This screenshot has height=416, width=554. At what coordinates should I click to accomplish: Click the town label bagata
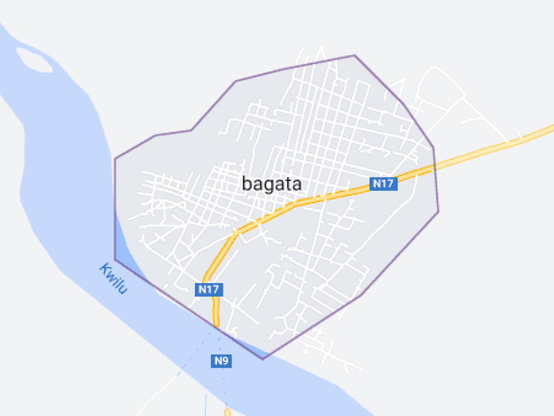[x=272, y=184]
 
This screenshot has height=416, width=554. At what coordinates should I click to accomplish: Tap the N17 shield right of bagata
[x=384, y=184]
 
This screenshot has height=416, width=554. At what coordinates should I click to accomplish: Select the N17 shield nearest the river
[x=208, y=289]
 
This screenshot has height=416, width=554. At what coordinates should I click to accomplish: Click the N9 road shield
[x=221, y=361]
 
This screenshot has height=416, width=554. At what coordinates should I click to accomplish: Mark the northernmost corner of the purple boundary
[x=354, y=55]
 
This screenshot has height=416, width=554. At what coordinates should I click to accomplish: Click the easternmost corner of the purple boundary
[x=438, y=211]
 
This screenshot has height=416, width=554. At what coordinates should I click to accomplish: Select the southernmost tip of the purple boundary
[x=263, y=359]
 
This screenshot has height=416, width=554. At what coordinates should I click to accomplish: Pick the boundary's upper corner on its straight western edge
[x=115, y=159]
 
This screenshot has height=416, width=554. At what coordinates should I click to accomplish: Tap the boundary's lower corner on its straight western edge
[x=115, y=259]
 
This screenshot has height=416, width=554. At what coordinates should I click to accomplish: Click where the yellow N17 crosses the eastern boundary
[x=434, y=167]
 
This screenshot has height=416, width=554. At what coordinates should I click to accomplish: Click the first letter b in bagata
[x=247, y=184]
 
